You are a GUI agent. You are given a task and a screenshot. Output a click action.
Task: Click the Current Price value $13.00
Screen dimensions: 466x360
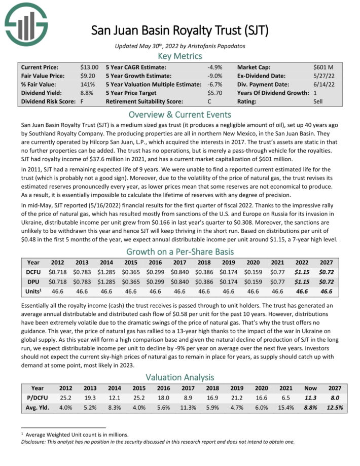coord(90,67)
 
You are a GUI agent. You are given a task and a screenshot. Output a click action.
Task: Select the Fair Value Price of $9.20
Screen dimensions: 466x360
coord(88,76)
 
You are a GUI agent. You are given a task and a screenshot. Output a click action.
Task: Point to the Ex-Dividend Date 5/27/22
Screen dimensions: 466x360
coord(323,76)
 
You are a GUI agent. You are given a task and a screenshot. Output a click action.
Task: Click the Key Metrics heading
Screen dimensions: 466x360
coord(179,56)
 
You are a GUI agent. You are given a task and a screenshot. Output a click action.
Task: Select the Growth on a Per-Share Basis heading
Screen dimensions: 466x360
coord(179,252)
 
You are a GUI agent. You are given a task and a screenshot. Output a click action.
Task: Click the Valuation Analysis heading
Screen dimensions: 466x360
coord(179,377)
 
